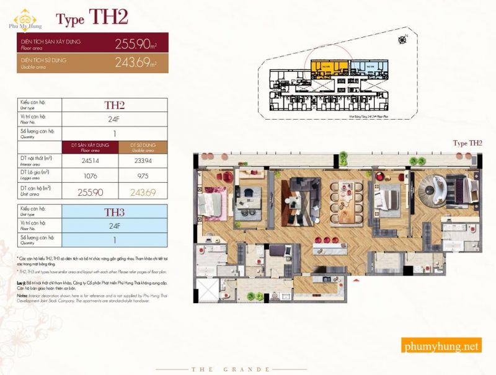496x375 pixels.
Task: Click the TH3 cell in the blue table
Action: click(115, 211)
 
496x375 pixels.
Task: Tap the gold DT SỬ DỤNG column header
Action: click(141, 147)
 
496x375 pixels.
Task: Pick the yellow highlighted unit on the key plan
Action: click(328, 67)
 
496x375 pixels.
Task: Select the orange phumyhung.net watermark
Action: click(441, 346)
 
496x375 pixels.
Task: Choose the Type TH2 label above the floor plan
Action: click(468, 143)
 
